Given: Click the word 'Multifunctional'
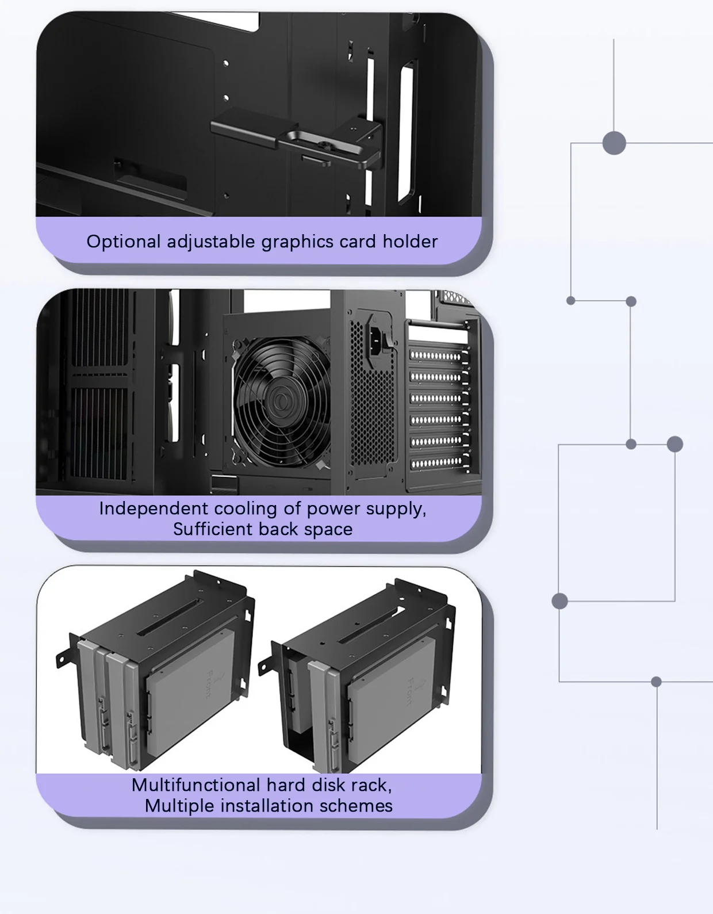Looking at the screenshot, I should [195, 785].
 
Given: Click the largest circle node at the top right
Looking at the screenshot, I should [614, 143].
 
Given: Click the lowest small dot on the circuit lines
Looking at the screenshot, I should [656, 682].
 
